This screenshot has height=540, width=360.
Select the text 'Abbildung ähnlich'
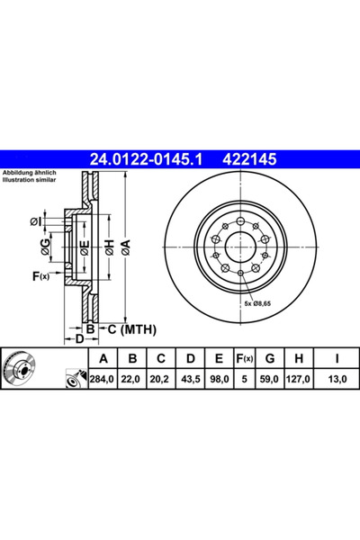point(31,173)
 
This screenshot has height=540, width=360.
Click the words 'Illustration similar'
point(31,180)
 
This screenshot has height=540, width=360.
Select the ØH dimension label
point(109,246)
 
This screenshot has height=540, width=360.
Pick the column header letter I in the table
point(335,360)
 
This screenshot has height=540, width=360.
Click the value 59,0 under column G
point(267,379)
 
